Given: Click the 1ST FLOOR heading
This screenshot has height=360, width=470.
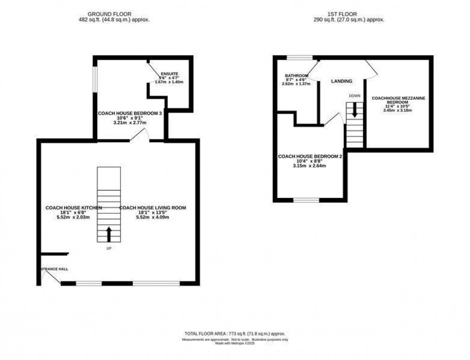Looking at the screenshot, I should [x=352, y=14].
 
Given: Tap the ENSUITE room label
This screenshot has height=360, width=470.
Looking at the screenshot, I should [x=169, y=74].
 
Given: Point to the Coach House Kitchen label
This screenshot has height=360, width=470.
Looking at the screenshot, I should [x=73, y=208].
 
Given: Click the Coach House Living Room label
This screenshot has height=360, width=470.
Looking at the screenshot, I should [x=153, y=208].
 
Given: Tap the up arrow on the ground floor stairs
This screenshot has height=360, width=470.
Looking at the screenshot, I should [x=108, y=234].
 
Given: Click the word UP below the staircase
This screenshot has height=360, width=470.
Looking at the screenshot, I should [x=108, y=248].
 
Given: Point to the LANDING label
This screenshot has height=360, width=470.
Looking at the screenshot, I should [x=341, y=81].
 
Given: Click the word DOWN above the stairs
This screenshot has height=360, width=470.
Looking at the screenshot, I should [x=354, y=96].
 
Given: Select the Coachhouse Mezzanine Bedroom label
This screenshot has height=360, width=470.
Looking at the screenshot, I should [x=399, y=101].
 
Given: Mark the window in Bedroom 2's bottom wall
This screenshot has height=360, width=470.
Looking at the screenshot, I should [x=306, y=199].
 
